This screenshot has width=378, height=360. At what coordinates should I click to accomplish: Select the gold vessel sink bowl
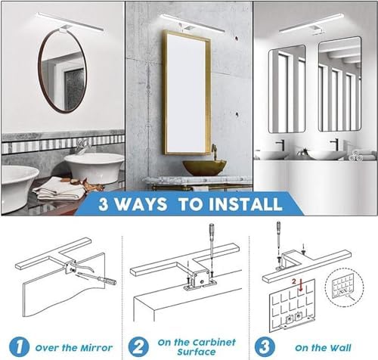tap(204, 168)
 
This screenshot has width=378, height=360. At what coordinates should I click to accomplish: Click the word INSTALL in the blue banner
tap(246, 204)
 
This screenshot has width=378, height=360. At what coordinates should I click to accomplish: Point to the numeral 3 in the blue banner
tap(103, 204)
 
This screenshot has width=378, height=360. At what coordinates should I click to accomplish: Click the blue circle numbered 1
tap(19, 346)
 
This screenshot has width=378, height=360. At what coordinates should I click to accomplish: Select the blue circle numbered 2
tap(138, 346)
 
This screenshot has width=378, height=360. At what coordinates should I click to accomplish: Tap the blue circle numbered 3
tap(265, 346)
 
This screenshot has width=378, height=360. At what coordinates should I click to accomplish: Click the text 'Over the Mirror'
tap(74, 348)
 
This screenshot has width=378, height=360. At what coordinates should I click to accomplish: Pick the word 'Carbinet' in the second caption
tap(214, 343)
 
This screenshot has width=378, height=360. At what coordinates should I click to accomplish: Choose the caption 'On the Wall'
tap(323, 348)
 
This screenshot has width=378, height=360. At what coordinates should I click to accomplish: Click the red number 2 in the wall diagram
tap(294, 281)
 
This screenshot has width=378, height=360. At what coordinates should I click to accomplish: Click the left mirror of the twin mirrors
tap(287, 89)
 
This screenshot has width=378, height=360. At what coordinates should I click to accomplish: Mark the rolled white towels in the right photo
tap(358, 156)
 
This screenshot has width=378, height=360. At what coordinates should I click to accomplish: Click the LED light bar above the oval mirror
tap(70, 22)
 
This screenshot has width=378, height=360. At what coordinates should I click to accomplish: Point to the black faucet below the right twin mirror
tap(336, 144)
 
